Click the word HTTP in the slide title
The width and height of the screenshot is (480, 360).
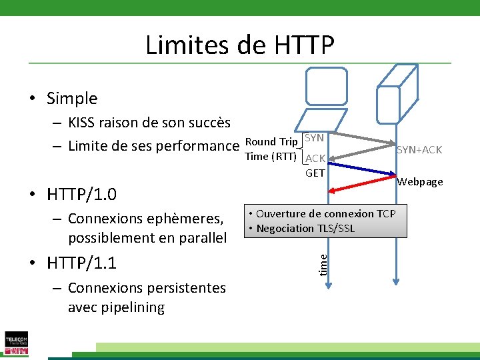tap(303, 45)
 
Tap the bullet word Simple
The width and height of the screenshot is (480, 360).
tap(72, 99)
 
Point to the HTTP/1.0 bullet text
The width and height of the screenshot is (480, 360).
tap(81, 195)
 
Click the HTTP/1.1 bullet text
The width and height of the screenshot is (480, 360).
tap(81, 263)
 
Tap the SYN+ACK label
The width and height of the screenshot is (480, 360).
tap(419, 150)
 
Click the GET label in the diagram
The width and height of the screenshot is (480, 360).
tap(315, 173)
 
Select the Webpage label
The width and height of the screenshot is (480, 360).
tap(420, 182)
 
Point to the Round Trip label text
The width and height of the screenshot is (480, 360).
tap(271, 141)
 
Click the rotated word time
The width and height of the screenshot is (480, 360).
tap(322, 261)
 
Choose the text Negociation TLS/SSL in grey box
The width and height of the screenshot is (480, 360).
tap(305, 229)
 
